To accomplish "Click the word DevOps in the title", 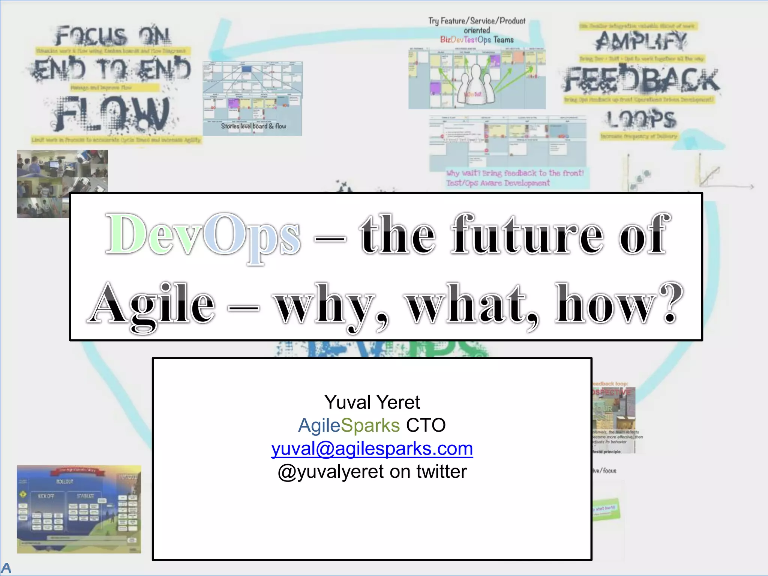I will click(203, 234).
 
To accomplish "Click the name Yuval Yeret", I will click(372, 402).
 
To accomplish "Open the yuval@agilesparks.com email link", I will click(372, 448).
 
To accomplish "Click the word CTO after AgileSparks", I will click(426, 425).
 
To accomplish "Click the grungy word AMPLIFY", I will click(642, 40).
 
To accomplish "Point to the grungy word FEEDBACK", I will click(642, 79).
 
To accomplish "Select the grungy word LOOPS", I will click(642, 119).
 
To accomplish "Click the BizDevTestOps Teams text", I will click(477, 40).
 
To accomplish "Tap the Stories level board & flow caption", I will click(253, 126).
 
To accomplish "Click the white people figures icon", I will click(475, 86).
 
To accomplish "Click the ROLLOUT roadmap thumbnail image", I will click(79, 509).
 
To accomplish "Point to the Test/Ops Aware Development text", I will click(498, 183).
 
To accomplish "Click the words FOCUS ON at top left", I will click(112, 36).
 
